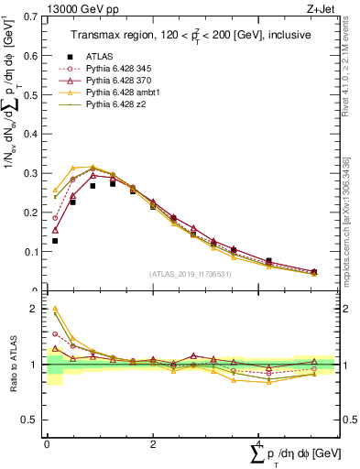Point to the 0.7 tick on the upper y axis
(32, 17)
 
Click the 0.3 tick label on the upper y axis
(32, 173)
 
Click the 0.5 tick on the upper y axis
(32, 95)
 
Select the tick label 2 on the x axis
(152, 443)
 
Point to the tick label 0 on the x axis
(47, 443)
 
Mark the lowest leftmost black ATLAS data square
(55, 241)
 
